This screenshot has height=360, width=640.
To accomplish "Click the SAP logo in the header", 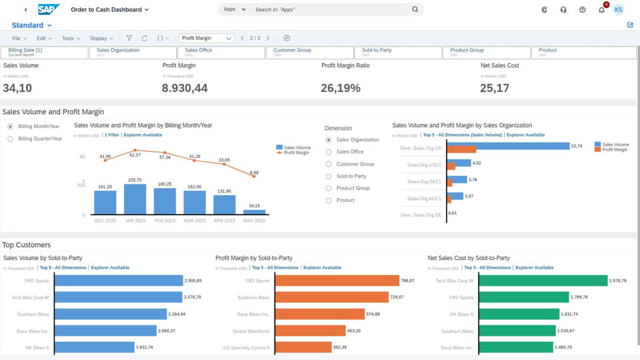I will click(48, 9).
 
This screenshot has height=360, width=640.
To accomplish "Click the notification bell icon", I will click(601, 10).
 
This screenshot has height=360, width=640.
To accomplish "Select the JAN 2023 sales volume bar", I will click(135, 199).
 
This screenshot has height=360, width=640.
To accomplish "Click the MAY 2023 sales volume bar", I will click(254, 212).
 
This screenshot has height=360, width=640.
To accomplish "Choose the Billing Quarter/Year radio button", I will click(10, 139).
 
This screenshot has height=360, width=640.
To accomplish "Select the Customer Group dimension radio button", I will click(329, 164).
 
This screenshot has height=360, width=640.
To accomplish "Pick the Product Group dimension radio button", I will click(329, 188).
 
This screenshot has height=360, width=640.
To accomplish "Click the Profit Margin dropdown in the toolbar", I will click(206, 39).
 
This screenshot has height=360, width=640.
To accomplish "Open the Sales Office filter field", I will click(220, 52).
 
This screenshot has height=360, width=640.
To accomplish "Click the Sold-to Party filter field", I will click(397, 52).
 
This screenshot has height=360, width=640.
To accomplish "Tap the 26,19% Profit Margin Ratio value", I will click(340, 88).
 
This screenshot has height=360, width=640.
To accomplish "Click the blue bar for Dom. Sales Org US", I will click(507, 145).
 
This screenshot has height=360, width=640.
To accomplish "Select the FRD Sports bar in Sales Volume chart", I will click(119, 280).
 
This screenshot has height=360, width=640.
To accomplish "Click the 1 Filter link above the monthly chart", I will click(111, 135).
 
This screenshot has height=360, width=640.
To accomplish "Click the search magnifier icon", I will click(415, 10).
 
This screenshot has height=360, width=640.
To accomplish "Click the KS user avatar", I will click(618, 10).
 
